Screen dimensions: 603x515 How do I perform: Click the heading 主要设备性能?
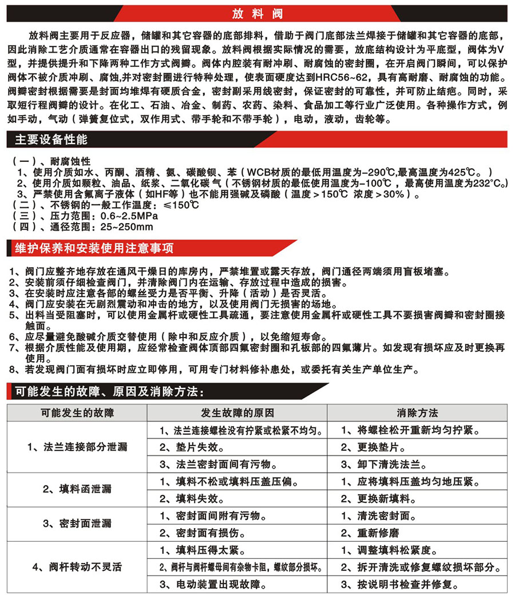point(51,140)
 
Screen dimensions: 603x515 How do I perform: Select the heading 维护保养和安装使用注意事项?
point(94,248)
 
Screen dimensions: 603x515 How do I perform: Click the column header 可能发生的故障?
point(77,412)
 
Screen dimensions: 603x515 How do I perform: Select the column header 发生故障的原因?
point(237,412)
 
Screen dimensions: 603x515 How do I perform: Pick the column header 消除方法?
point(417,412)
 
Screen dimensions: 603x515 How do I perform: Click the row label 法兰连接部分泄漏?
point(77,447)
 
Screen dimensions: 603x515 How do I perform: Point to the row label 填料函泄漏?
point(77,489)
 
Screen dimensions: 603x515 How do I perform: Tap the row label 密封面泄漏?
point(77,523)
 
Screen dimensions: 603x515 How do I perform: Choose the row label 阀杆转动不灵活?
point(77,568)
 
